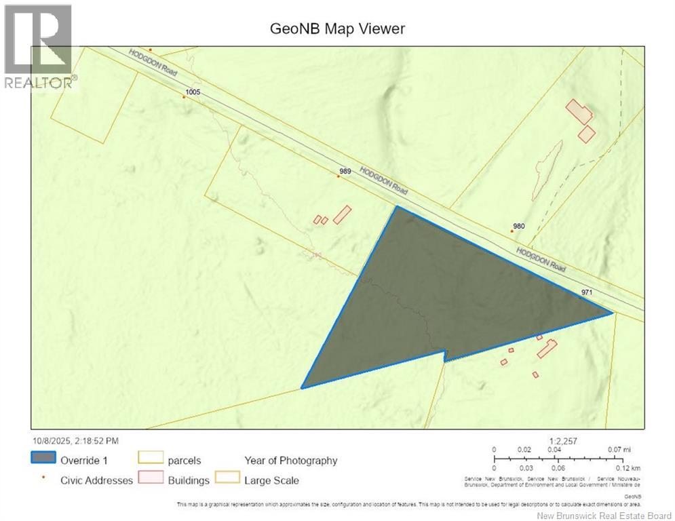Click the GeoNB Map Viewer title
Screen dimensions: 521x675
tap(337, 28)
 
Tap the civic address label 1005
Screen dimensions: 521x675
tap(192, 91)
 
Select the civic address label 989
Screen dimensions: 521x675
tap(345, 172)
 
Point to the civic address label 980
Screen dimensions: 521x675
tap(519, 227)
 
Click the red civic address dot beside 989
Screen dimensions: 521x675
tap(338, 176)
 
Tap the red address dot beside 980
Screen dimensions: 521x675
tap(512, 231)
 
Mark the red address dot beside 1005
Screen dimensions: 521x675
tap(183, 96)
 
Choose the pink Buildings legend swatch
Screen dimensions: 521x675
tap(150, 480)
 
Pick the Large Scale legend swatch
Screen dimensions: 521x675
tap(227, 480)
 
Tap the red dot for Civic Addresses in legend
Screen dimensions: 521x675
tap(43, 478)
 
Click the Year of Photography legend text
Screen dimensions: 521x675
tap(291, 461)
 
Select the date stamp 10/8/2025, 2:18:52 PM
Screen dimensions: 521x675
tap(75, 440)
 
